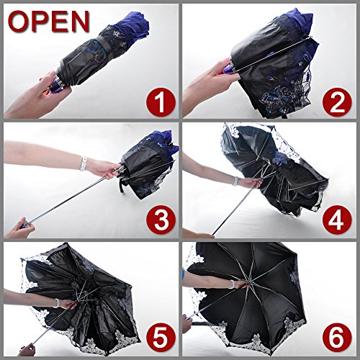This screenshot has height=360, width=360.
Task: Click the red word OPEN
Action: click(49, 21)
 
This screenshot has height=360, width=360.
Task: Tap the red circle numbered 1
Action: click(161, 102)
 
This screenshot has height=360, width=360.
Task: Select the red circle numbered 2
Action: click(337, 102)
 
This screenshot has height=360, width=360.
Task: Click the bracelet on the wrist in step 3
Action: click(84, 163)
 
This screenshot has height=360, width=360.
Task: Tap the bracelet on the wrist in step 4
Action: click(236, 181)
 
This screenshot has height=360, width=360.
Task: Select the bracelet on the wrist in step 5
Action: click(57, 303)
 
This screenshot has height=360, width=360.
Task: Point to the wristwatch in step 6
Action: click(232, 284)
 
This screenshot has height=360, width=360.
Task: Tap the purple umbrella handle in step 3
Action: click(25, 225)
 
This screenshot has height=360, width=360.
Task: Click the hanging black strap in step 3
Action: click(124, 186)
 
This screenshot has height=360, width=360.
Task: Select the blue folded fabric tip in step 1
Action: click(135, 23)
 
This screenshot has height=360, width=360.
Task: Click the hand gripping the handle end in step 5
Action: click(27, 349)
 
